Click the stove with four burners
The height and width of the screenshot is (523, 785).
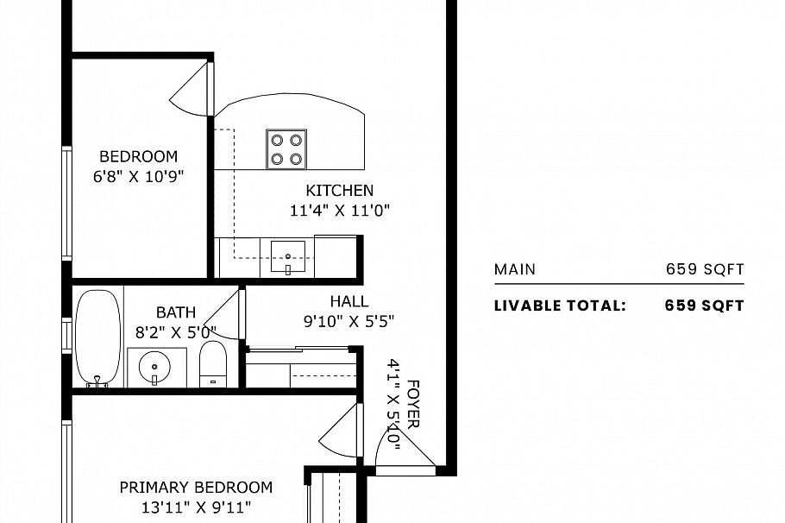pos(286,148)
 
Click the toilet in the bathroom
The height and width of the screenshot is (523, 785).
pos(212,364)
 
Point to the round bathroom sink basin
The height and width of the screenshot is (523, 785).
pos(154,367)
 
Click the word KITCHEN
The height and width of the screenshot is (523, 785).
pos(340,191)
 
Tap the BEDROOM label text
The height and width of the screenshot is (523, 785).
pos(138,156)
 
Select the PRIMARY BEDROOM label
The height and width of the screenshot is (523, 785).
pos(196,488)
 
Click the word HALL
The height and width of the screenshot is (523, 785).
pos(349,301)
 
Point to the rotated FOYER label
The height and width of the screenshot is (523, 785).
pos(413,405)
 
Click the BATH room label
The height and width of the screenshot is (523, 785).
pos(175,312)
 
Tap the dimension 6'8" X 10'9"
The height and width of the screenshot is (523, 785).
pos(138,175)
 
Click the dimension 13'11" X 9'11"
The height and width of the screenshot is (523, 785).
pos(196,507)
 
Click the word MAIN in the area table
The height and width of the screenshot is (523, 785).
pos(514,269)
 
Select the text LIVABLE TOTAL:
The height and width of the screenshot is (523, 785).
pos(560,306)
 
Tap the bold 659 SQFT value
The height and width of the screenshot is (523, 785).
pos(704,306)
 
